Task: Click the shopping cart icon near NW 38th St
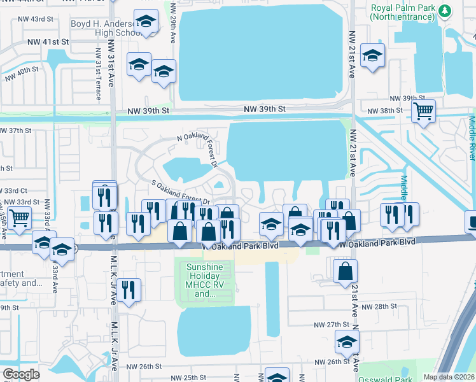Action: pyautogui.click(x=423, y=111)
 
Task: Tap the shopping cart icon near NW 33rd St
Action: pyautogui.click(x=20, y=218)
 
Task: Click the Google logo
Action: pyautogui.click(x=20, y=374)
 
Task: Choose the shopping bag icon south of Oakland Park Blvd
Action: pyautogui.click(x=344, y=271)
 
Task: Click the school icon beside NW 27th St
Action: pyautogui.click(x=347, y=343)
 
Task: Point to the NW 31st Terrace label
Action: pyautogui.click(x=99, y=74)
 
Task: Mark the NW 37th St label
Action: pyautogui.click(x=16, y=131)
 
